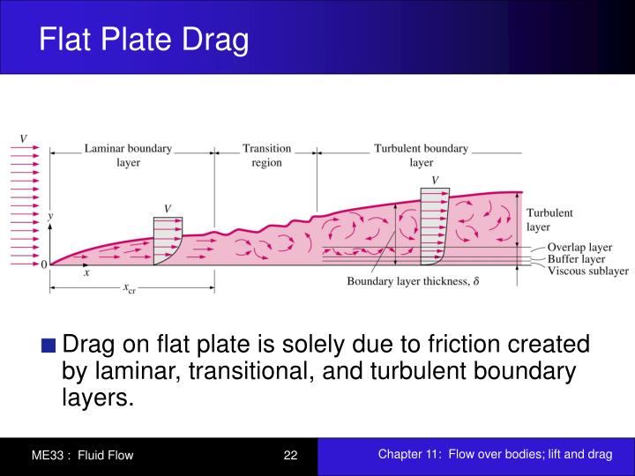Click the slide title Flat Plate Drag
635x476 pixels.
click(144, 40)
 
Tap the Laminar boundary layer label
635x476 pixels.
click(128, 155)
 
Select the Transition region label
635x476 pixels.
click(266, 155)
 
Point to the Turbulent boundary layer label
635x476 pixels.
click(421, 155)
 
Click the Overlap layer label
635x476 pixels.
click(579, 247)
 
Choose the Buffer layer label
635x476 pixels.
click(577, 259)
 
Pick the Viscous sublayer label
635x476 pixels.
click(587, 271)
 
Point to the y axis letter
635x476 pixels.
click(51, 215)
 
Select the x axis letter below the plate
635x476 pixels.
click(86, 274)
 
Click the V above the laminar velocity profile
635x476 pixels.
click(168, 208)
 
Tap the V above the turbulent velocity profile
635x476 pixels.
click(435, 180)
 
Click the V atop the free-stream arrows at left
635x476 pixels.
click(23, 138)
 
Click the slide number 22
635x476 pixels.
click(291, 455)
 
